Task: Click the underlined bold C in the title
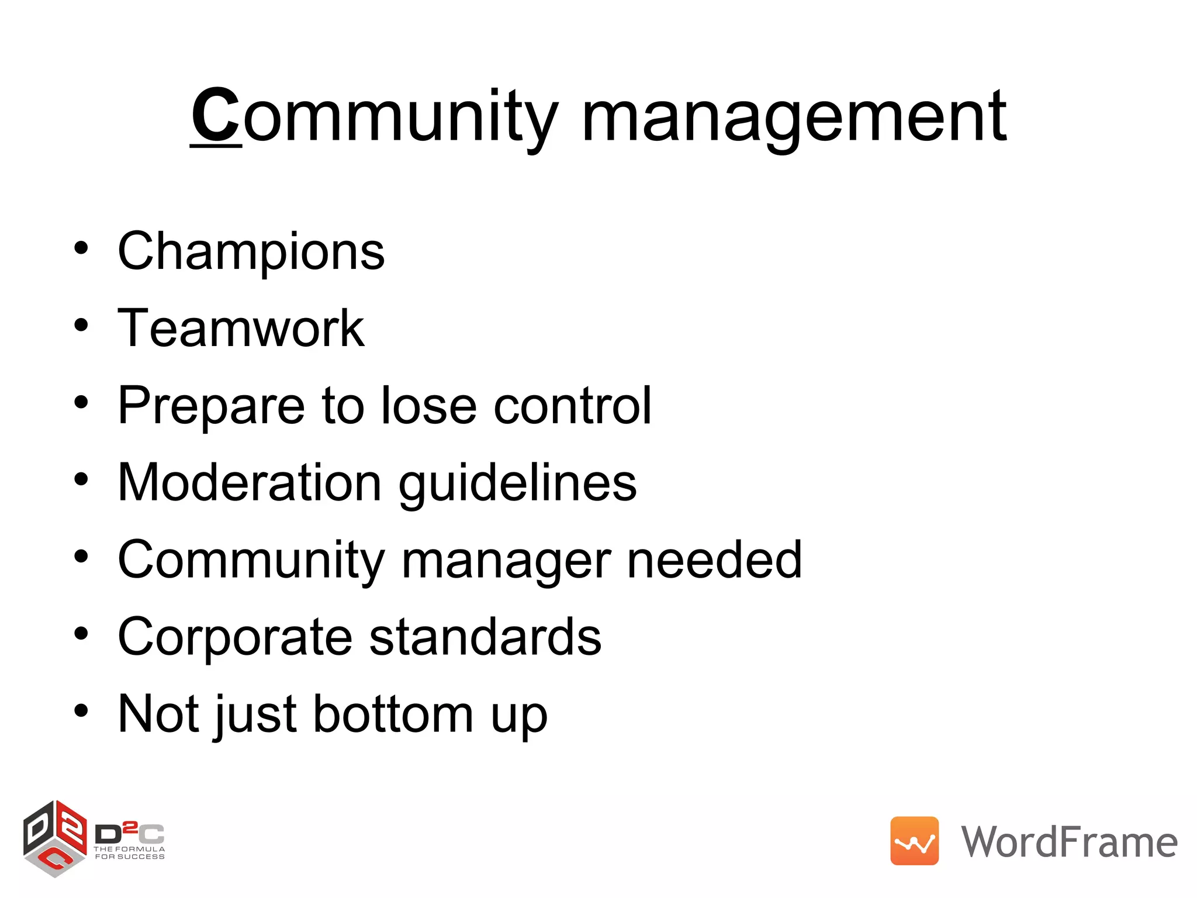[x=215, y=115]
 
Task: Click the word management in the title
[x=794, y=117]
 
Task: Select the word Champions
[x=251, y=252]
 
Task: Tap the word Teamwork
[x=241, y=329]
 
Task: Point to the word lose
[x=429, y=405]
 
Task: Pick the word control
[x=572, y=405]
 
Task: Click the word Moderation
[x=250, y=483]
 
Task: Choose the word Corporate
[x=235, y=637]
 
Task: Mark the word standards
[x=485, y=637]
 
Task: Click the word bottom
[x=393, y=714]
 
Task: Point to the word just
[x=257, y=715]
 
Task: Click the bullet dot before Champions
[x=81, y=248]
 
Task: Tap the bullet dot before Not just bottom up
[x=81, y=710]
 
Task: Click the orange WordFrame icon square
[x=914, y=841]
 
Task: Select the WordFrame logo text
[x=1069, y=842]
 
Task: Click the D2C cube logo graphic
[x=55, y=838]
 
